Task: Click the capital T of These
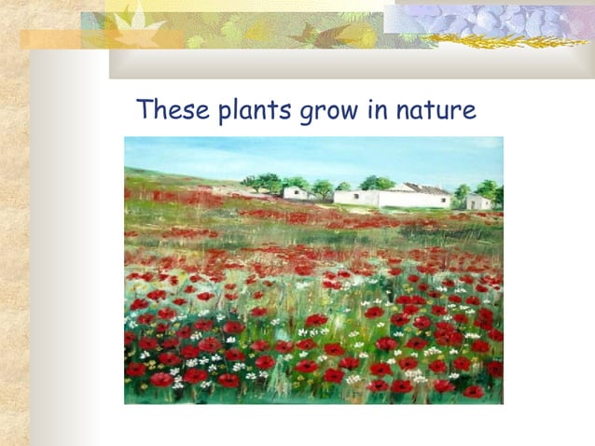(145, 110)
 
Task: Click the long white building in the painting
(392, 198)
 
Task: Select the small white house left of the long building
(297, 193)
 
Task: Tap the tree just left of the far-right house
(462, 194)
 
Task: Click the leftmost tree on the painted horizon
(250, 182)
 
